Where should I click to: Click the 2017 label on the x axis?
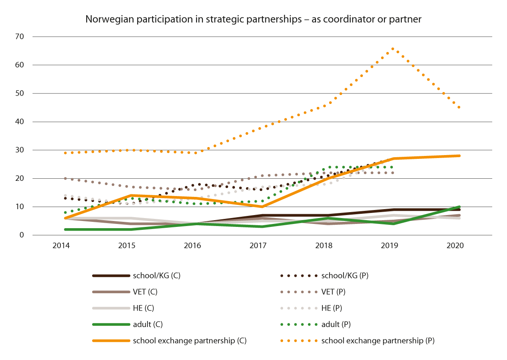262,246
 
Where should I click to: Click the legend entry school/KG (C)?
151,276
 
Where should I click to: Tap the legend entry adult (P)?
336,324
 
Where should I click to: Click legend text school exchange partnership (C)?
190,340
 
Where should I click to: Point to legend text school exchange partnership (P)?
378,340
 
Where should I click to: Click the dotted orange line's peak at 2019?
393,49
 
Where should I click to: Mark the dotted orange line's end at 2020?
459,107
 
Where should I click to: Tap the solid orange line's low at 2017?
262,207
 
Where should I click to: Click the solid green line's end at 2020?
459,207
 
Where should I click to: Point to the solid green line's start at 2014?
65,229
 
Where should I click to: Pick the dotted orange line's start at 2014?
65,153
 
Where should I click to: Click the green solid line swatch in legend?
111,324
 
